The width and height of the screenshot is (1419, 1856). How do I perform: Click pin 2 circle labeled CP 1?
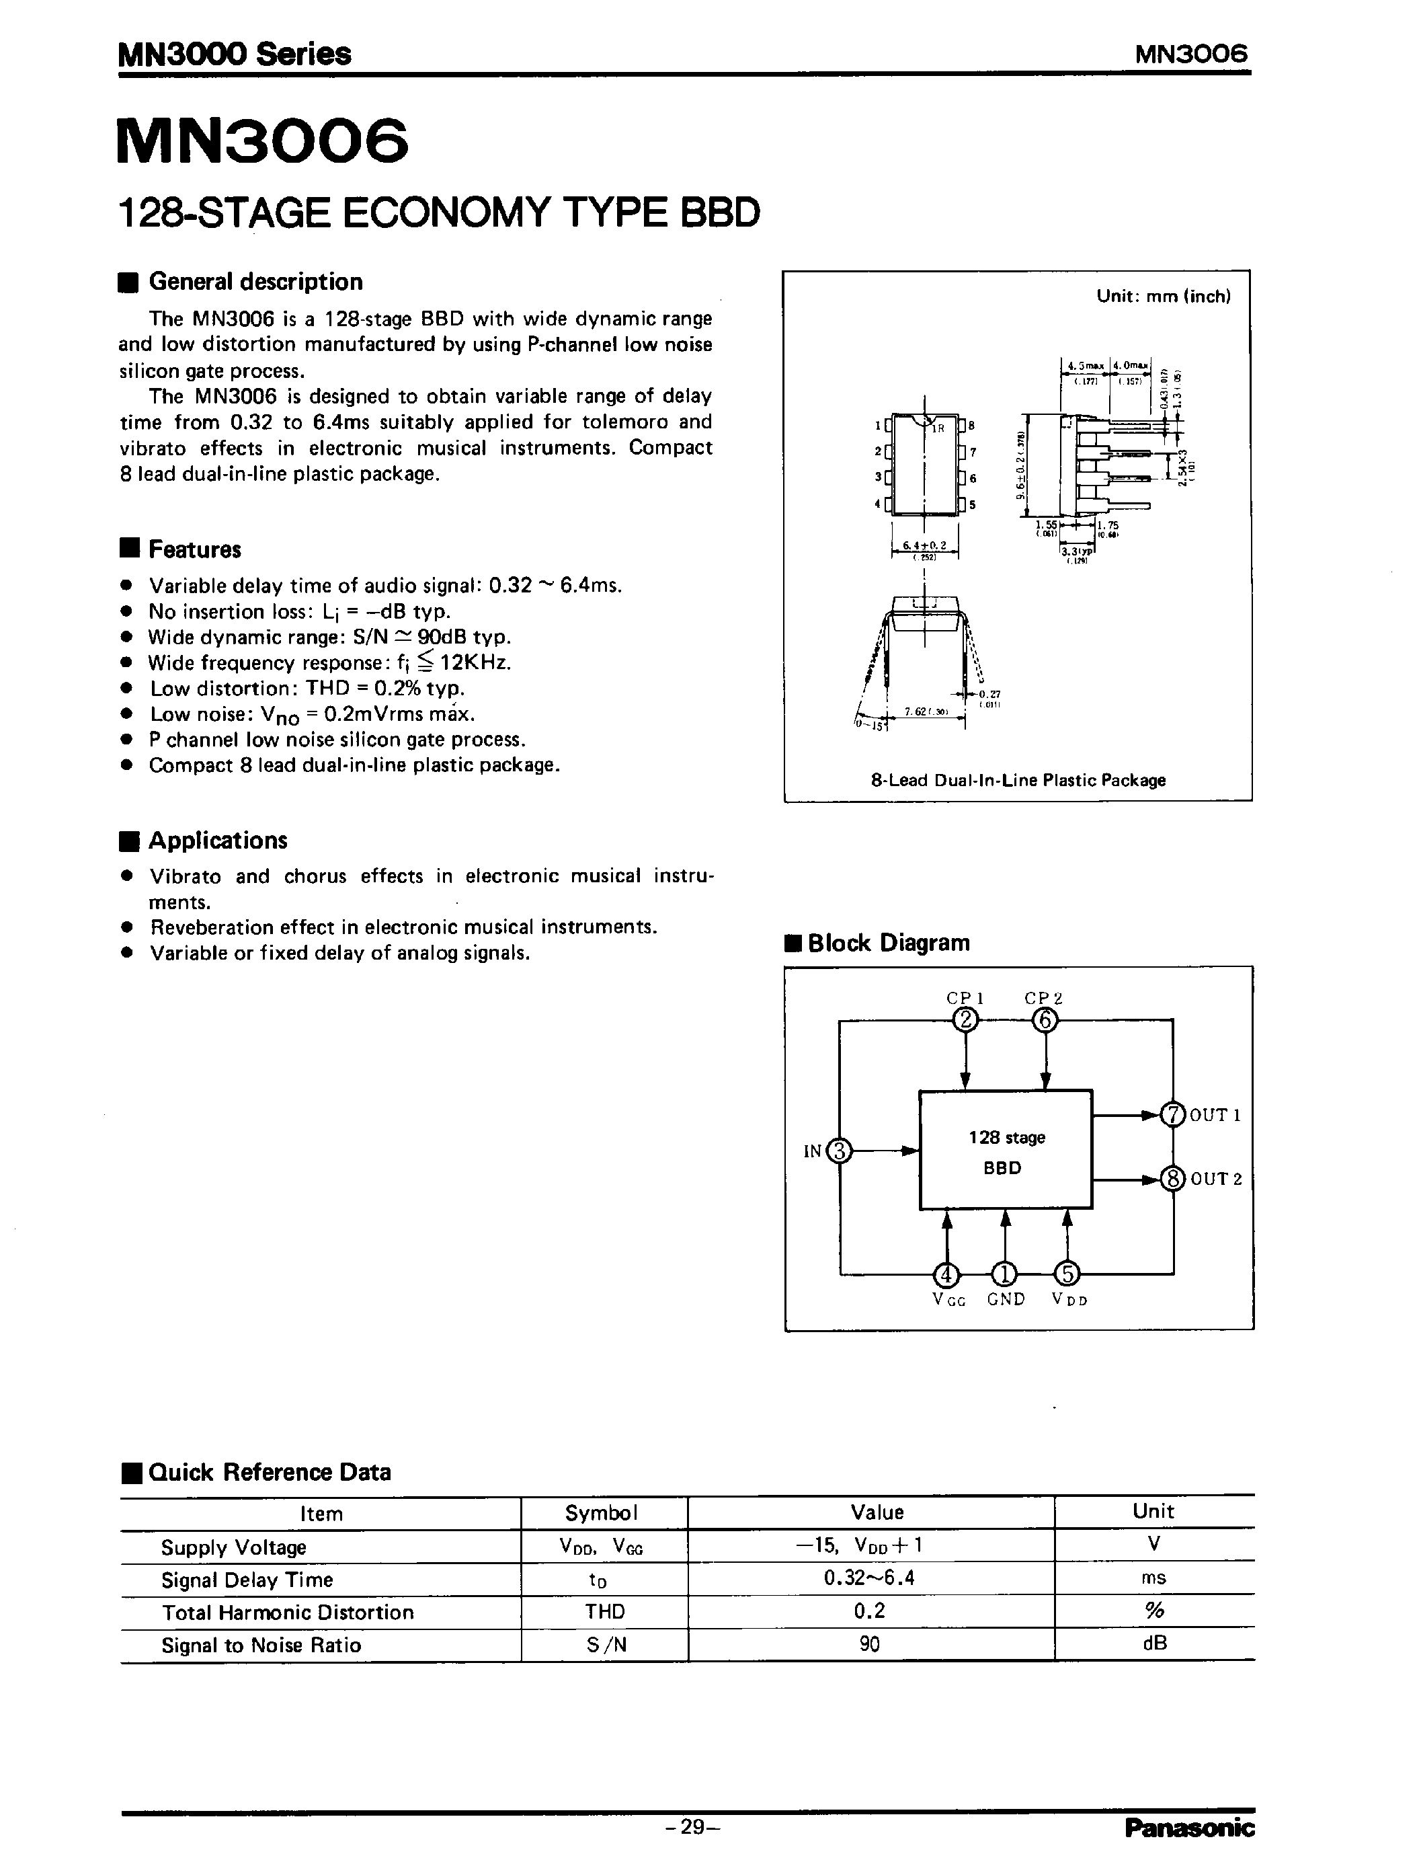[965, 1021]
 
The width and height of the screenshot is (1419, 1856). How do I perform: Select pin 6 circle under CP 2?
[1045, 1021]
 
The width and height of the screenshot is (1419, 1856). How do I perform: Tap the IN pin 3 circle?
[839, 1151]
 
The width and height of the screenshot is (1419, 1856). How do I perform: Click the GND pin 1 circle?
[1004, 1274]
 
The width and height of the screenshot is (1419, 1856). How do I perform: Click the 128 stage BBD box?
[1005, 1151]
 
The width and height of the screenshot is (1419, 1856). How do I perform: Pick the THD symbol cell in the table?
[604, 1611]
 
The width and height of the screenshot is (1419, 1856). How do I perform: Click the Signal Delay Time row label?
[247, 1580]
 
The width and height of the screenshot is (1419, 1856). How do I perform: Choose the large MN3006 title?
[263, 141]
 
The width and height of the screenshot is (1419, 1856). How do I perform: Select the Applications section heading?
[218, 841]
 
